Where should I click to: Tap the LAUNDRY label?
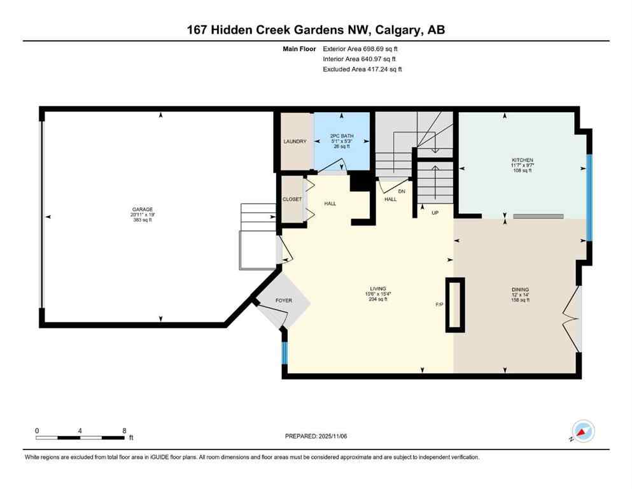295,141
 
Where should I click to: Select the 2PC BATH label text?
342,136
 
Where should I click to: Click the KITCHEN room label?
522,160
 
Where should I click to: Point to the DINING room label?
520,290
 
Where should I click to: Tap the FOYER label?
283,300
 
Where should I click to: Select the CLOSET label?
292,199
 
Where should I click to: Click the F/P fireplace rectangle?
455,305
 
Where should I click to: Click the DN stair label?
402,190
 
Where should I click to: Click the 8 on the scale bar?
123,430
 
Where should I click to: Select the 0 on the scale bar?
37,430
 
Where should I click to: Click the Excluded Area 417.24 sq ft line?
362,69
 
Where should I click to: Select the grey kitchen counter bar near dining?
538,216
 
